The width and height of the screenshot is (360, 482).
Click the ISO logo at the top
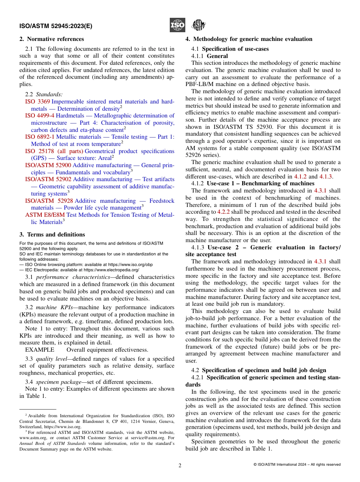(177, 25)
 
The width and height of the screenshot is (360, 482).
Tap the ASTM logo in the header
(198, 25)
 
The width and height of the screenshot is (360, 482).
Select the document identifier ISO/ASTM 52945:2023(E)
(56, 27)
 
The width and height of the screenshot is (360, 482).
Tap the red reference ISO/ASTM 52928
(49, 201)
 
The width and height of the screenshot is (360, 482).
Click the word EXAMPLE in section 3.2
(39, 350)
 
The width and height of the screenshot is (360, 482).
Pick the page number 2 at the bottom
(180, 465)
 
